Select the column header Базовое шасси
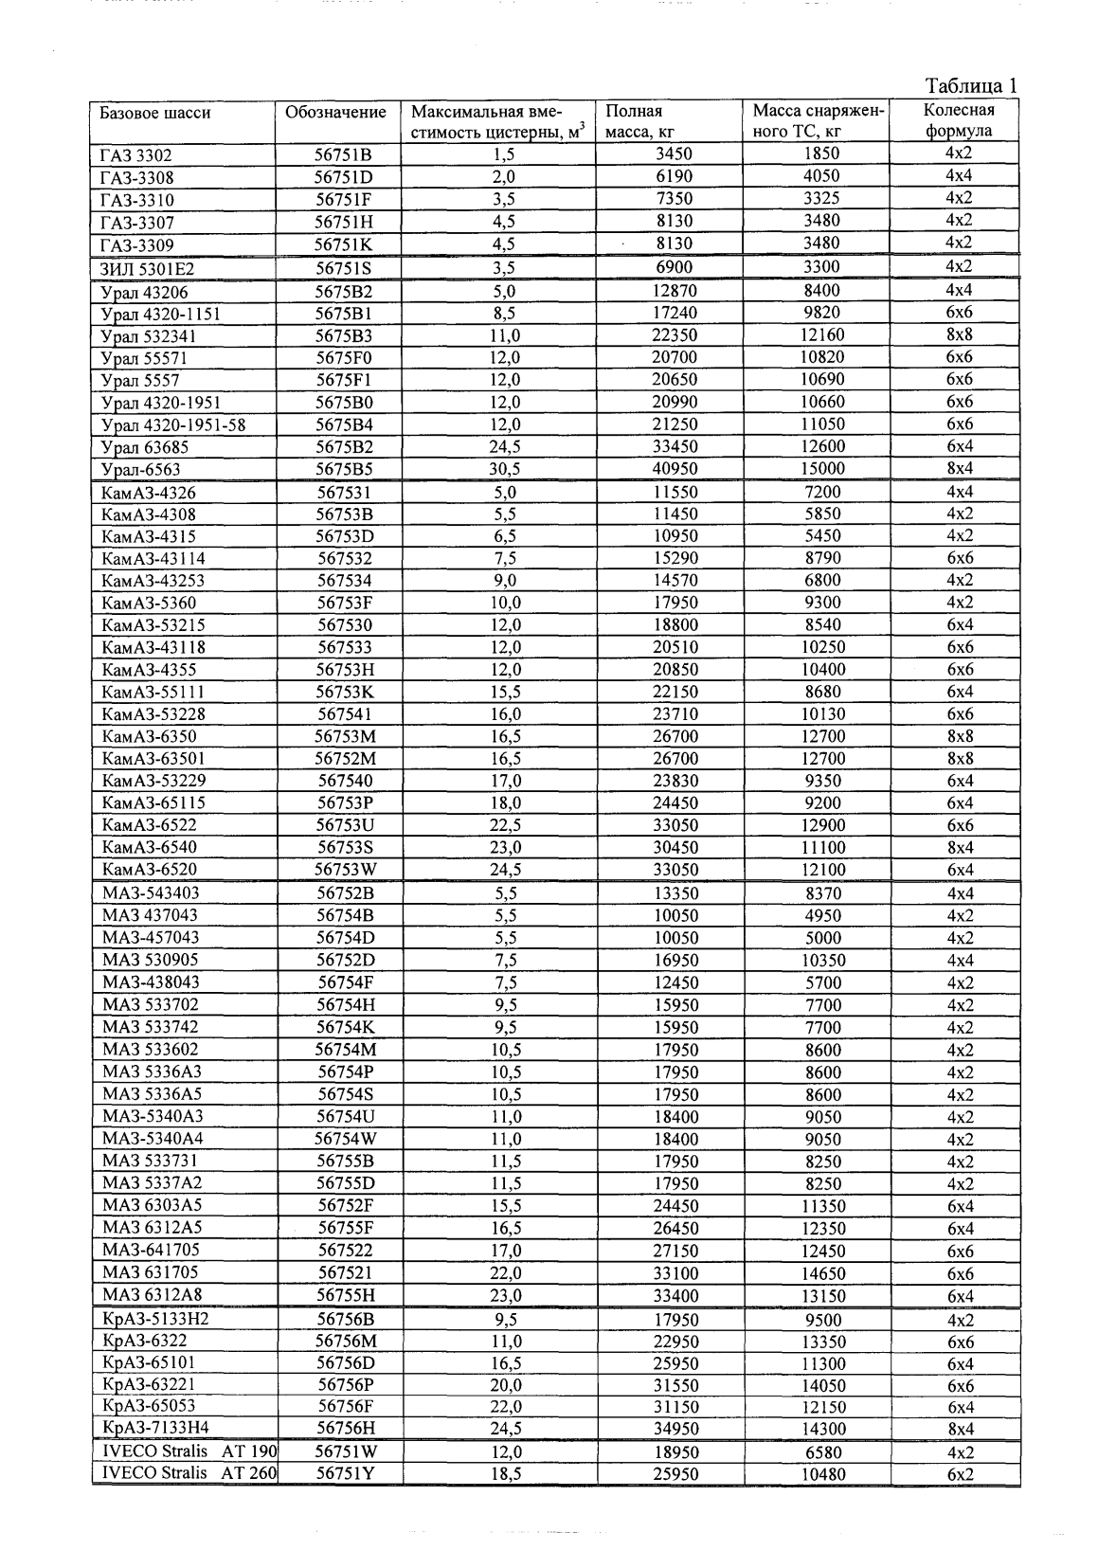point(155,113)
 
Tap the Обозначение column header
point(336,113)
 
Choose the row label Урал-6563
point(140,470)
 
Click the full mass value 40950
point(675,469)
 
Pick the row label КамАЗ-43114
point(153,559)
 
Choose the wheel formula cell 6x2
point(960,1473)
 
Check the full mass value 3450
point(675,154)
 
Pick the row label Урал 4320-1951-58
point(172,425)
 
